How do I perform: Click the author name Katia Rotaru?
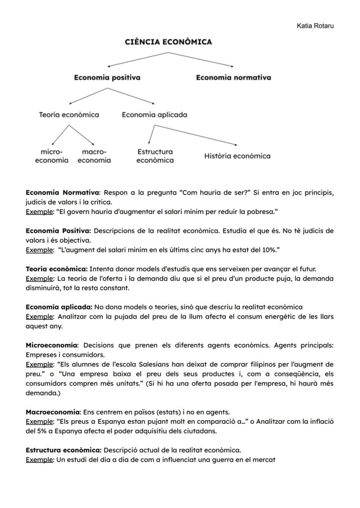point(315,26)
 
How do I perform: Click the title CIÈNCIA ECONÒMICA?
point(168,42)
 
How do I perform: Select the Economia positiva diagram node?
point(107,78)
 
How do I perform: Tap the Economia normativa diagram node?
point(233,78)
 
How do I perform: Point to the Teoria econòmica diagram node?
point(69,115)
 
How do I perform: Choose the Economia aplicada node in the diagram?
point(154,115)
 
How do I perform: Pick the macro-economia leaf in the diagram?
point(94,156)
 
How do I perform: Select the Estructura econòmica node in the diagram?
point(155,156)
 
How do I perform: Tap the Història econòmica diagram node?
point(237,156)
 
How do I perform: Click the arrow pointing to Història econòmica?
point(196,135)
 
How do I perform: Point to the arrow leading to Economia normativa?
point(201,60)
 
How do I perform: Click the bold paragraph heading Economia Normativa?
point(63,193)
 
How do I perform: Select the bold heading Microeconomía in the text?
point(51,345)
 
